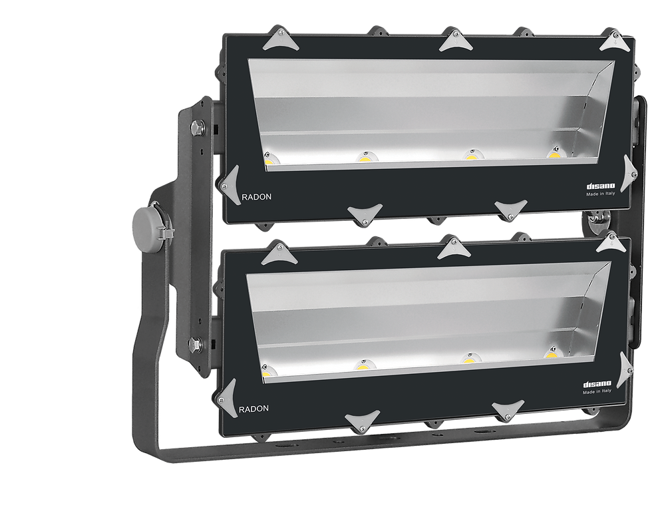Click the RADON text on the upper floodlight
point(257,197)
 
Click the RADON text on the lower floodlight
point(253,409)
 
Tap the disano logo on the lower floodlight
point(597,384)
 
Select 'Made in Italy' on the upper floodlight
point(600,194)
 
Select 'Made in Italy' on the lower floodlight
point(597,391)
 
